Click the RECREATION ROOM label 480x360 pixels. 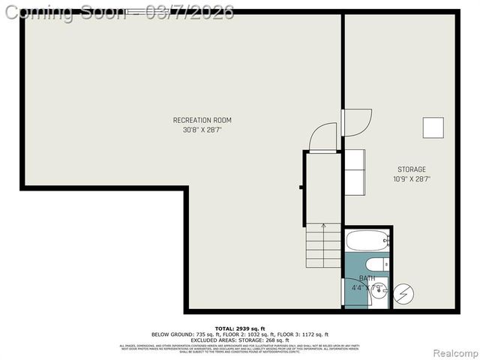click(202, 120)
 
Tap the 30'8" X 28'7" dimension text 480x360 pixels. click(202, 130)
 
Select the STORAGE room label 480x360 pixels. click(412, 169)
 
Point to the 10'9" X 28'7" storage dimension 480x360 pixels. click(412, 179)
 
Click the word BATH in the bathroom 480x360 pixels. click(367, 277)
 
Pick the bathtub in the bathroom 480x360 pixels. click(367, 241)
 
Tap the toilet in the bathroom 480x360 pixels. click(376, 264)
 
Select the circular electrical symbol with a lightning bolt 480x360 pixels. click(403, 292)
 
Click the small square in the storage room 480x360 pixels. click(433, 127)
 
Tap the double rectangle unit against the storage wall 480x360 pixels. click(354, 169)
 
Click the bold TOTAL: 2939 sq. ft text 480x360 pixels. click(240, 328)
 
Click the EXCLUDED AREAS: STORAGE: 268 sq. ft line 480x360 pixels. click(240, 340)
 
